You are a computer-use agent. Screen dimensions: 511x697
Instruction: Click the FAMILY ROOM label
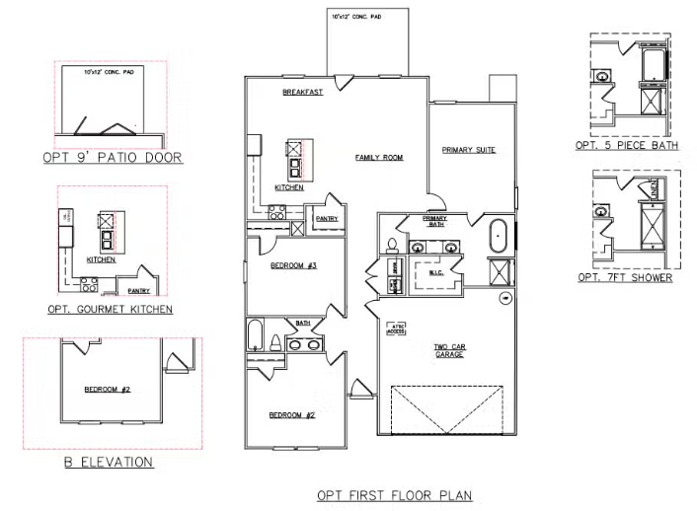click(379, 157)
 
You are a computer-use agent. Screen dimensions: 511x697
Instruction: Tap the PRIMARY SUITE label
click(468, 150)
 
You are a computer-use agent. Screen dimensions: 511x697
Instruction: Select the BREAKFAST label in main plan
click(302, 92)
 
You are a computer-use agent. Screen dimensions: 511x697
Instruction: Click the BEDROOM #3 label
click(292, 265)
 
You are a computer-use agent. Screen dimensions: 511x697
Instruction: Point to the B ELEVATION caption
click(104, 462)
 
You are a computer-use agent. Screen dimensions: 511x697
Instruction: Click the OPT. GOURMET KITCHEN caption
click(110, 309)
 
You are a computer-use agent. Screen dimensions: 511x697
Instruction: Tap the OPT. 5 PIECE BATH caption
click(627, 146)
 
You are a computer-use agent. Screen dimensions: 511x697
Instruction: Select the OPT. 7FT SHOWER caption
click(625, 278)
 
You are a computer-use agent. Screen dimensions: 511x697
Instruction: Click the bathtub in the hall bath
click(256, 334)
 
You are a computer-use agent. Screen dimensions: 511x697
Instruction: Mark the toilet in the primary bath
click(391, 245)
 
